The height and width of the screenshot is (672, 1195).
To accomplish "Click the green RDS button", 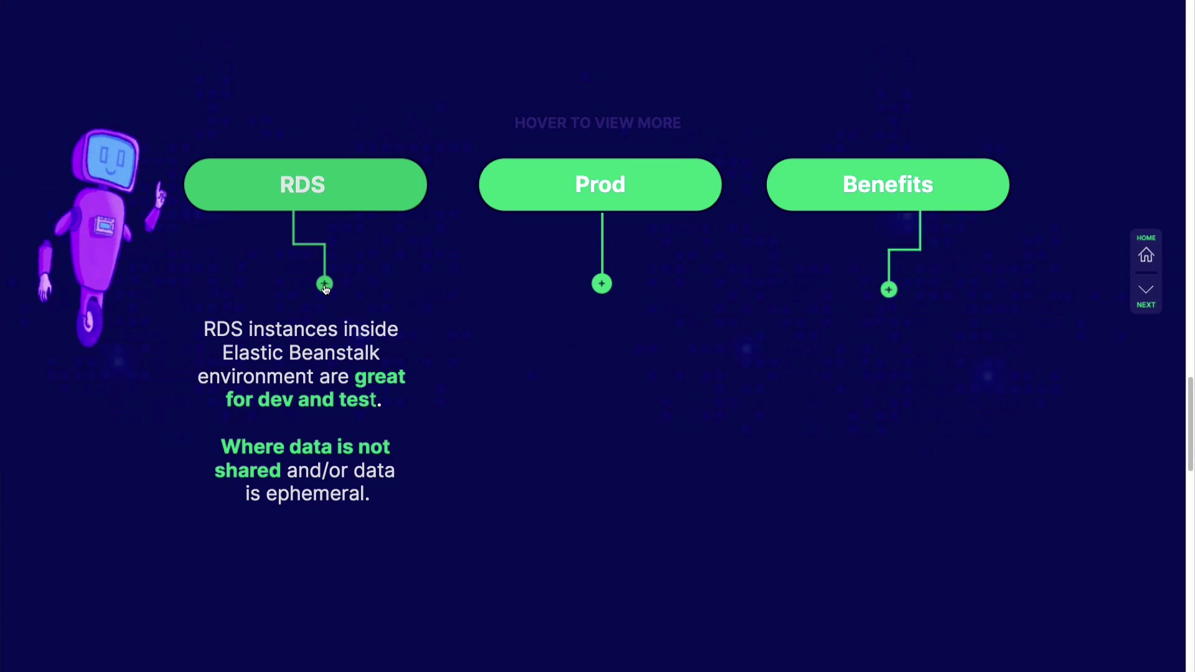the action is (305, 185).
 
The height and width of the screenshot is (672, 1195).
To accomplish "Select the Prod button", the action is (600, 185).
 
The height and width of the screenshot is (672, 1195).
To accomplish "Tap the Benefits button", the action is (888, 185).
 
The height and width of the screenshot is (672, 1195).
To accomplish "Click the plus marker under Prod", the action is (602, 284).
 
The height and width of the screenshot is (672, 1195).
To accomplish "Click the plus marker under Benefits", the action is (889, 289).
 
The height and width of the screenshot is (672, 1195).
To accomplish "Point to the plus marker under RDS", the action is (324, 284).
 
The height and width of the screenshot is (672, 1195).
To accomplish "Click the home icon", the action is (1146, 255).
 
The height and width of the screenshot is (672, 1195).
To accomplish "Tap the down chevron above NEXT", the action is (1146, 289).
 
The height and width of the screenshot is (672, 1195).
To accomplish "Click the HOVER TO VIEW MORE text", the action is (597, 123).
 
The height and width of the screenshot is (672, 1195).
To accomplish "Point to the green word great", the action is (380, 377).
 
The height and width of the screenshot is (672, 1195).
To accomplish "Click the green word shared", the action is (248, 470).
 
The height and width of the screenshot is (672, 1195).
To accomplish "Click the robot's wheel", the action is (89, 321).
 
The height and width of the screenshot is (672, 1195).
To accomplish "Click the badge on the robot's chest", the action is (104, 225).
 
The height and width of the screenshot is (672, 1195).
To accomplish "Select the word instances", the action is (292, 330).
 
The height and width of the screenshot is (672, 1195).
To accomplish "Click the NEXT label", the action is (1146, 305).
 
